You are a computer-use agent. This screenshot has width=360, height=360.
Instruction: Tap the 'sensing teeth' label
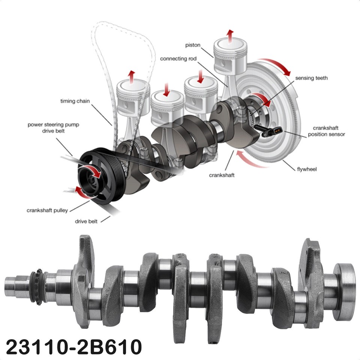[311, 78]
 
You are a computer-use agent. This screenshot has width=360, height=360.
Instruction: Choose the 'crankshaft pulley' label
[47, 210]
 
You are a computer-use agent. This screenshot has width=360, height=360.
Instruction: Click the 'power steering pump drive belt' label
[53, 127]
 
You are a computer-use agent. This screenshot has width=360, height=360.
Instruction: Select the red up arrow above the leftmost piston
[131, 76]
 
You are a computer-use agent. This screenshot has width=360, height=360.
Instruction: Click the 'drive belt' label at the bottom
[87, 221]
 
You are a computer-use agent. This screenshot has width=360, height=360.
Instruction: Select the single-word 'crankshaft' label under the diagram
[222, 175]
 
